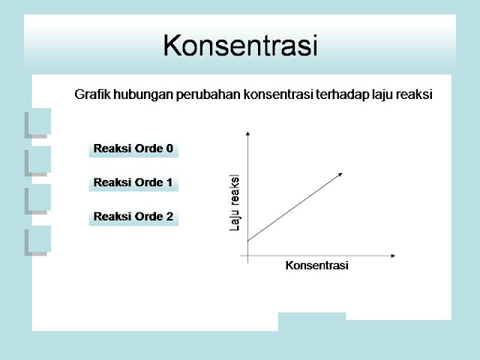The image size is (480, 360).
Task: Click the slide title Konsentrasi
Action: [x=240, y=45]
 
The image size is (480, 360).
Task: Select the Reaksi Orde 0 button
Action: [x=133, y=149]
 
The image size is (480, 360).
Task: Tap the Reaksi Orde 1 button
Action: [x=133, y=183]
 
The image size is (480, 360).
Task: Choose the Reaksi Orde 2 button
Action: [x=133, y=217]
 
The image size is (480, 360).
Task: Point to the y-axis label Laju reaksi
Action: [x=234, y=202]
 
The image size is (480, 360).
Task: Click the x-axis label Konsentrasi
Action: [x=316, y=265]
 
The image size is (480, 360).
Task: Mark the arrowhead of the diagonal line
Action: [x=340, y=174]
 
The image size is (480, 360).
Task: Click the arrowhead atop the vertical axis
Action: [x=247, y=133]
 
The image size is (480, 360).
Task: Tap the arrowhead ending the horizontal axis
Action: [x=393, y=256]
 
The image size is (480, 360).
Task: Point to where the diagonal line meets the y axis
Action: [x=247, y=240]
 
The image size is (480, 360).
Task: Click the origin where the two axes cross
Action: [x=247, y=256]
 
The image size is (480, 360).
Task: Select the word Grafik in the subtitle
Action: [x=92, y=94]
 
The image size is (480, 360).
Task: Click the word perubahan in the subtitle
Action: [x=208, y=95]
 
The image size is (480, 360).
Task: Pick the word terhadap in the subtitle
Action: [x=342, y=95]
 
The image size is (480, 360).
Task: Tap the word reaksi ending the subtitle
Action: [x=414, y=94]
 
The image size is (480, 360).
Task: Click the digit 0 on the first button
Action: [x=169, y=148]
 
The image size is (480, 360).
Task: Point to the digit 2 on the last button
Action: [x=169, y=217]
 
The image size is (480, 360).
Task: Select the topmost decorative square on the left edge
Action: [x=38, y=123]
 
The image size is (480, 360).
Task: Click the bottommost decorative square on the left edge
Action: [x=38, y=240]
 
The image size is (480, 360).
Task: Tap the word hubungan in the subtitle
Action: [x=143, y=95]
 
